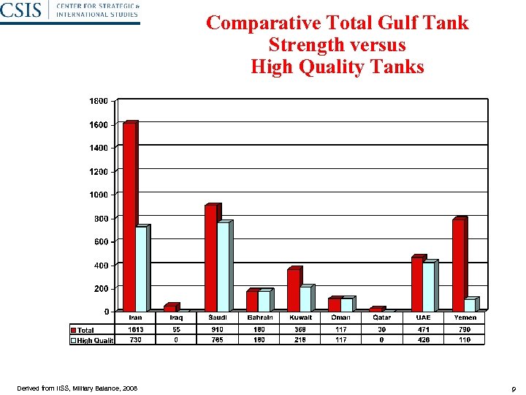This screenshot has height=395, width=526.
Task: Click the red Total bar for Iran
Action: coord(129,218)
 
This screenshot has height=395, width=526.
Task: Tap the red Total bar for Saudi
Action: coord(210,259)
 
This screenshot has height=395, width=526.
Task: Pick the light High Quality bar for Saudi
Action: coord(223,267)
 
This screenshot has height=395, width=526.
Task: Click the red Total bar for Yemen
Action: coord(458,266)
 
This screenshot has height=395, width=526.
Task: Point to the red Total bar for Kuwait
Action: coord(293,290)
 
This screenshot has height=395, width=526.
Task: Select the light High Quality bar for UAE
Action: coord(429,287)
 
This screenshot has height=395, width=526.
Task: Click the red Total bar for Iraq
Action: coord(169,308)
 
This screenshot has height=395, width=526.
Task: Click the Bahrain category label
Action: coord(259,317)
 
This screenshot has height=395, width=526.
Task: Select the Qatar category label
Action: coord(381,317)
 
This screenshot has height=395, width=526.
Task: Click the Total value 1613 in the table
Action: coord(136,330)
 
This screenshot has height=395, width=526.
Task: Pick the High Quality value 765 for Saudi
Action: coord(218,340)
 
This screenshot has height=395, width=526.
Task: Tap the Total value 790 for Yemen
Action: coord(465,330)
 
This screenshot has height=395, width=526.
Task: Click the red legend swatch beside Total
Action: coord(74,331)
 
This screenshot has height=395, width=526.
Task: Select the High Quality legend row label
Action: coord(96,340)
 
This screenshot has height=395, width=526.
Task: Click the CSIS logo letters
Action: coord(21,10)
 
